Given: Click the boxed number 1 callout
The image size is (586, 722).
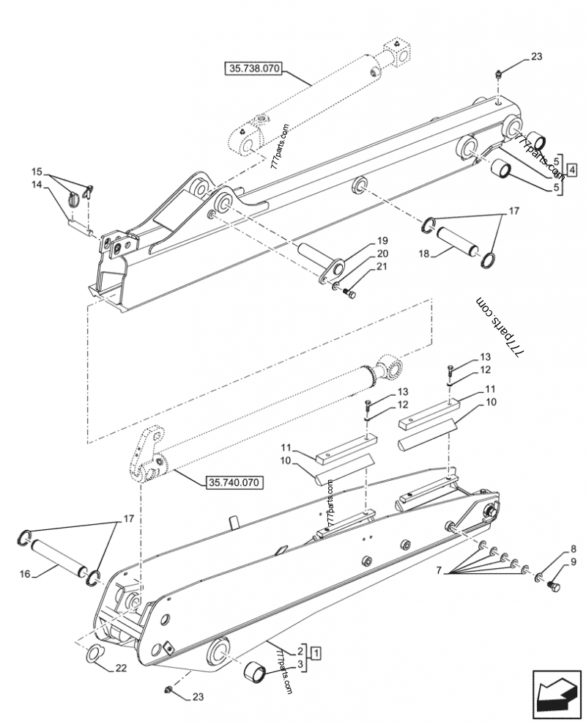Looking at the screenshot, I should [x=315, y=651].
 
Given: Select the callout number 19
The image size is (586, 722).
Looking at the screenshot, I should [x=382, y=240].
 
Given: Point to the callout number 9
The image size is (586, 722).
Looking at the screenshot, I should [x=572, y=562].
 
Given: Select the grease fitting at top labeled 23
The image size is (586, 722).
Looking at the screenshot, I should [x=499, y=73].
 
